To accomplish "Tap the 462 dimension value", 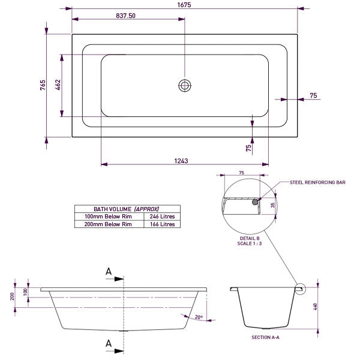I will [x=58, y=85].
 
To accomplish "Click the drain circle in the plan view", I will [x=184, y=85].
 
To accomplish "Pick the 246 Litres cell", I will [x=161, y=216].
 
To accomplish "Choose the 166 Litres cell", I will [x=161, y=224].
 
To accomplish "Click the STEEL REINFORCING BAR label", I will [x=317, y=181].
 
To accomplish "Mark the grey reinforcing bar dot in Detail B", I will [x=256, y=203].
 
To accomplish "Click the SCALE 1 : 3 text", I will [x=250, y=244].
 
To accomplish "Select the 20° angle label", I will [x=199, y=317].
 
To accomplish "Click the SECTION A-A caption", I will [x=266, y=338].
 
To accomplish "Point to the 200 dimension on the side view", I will [x=13, y=297].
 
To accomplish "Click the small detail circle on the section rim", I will [x=299, y=289].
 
